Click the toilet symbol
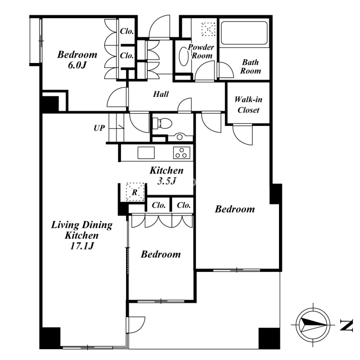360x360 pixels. [x=162, y=123]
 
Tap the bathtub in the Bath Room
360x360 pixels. [x=244, y=33]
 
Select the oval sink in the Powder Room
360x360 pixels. [x=184, y=56]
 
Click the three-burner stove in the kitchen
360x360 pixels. [x=182, y=153]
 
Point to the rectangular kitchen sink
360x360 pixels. [x=146, y=153]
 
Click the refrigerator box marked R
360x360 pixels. [x=135, y=192]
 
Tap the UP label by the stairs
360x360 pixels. [x=99, y=128]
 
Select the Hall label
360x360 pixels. [x=161, y=94]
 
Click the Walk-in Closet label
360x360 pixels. [x=248, y=105]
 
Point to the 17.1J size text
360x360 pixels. [x=82, y=246]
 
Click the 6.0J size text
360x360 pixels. [x=77, y=65]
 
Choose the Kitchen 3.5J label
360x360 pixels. [x=166, y=175]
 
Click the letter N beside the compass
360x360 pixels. [x=346, y=325]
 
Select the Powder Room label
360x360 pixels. [x=201, y=51]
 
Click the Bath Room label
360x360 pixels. [x=251, y=67]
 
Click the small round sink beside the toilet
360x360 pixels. [x=180, y=137]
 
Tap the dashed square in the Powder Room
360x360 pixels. [x=208, y=29]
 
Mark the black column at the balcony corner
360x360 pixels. [x=269, y=338]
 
